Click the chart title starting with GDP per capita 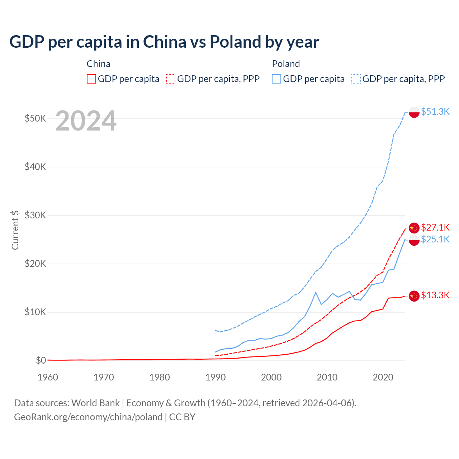164,42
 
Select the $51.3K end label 435,112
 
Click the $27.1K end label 435,227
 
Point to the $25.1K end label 435,239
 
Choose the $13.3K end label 435,295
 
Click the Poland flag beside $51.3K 414,112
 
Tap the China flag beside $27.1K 414,228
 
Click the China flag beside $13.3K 414,296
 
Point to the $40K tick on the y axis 35,167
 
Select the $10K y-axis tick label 35,312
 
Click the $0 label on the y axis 41,360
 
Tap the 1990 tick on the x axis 216,377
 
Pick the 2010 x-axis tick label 327,377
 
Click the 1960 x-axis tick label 48,377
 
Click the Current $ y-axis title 15,230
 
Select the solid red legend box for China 91,79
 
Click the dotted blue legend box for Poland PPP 356,79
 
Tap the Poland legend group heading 286,64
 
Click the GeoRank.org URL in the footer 88,417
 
